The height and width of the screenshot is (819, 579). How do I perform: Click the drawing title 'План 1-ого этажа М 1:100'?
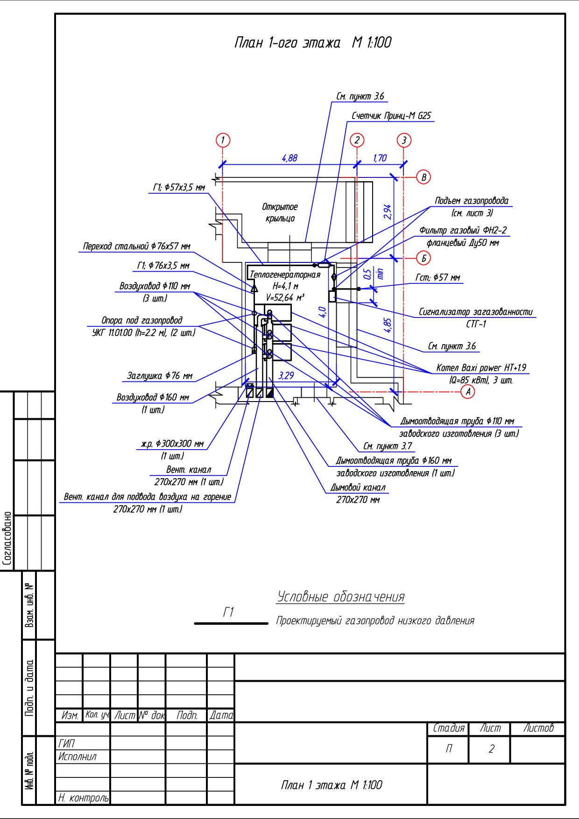312,42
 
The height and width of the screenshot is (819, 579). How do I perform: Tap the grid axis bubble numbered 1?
223,140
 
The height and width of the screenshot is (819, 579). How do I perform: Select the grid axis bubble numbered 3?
404,140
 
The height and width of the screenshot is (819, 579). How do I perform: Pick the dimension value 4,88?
289,158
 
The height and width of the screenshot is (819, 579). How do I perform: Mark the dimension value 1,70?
380,158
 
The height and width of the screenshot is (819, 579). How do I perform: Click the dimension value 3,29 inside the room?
286,375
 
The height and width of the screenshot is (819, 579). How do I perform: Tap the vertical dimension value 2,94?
387,212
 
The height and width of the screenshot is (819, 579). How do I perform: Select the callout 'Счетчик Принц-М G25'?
391,116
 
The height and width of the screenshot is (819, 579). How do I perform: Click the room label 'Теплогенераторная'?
285,275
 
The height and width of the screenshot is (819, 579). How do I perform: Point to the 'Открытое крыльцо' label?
280,212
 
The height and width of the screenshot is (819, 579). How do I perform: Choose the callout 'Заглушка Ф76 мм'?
160,375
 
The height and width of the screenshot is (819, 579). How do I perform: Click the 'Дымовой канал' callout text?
358,488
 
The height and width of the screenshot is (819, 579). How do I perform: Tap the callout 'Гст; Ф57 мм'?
438,278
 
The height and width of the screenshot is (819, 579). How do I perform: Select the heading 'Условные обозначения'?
341,597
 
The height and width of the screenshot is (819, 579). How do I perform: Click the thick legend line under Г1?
231,623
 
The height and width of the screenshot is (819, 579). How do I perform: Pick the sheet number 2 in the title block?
491,748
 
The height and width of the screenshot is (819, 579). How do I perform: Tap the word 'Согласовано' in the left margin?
7,539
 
